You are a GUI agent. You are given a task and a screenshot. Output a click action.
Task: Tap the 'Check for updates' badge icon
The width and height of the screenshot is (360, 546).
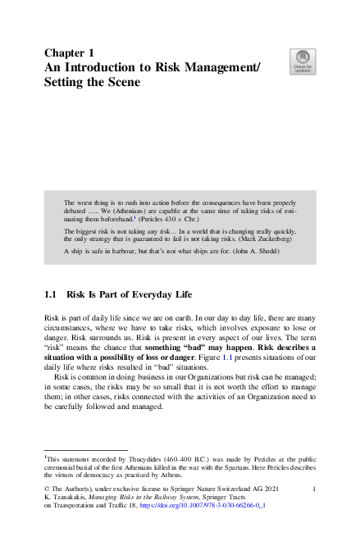click(303, 60)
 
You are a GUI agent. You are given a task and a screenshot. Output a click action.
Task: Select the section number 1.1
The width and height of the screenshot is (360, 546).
click(50, 294)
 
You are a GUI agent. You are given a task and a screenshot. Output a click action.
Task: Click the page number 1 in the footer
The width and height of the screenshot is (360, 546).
click(315, 489)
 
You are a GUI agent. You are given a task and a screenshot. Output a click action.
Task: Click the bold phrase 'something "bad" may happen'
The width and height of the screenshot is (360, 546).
click(203, 348)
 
